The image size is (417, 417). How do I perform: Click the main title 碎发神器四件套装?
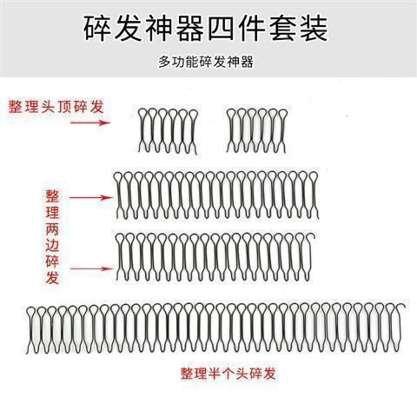point(206,29)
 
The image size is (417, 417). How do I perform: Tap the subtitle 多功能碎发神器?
point(206,62)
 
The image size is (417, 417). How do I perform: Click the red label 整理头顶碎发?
point(56,107)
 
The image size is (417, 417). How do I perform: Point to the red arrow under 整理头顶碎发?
point(90,122)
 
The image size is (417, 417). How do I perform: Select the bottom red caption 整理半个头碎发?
point(228,374)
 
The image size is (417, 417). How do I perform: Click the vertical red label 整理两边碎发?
point(52,236)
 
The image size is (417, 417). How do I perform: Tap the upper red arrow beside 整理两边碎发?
point(90,198)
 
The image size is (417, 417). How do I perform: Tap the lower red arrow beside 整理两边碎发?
point(92,269)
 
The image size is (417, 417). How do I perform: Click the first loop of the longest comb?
point(31,308)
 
